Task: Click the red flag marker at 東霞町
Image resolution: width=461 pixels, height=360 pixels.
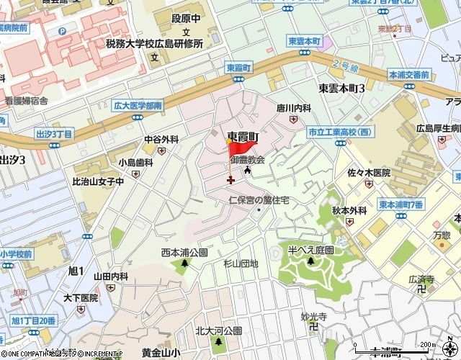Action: pyautogui.click(x=238, y=150)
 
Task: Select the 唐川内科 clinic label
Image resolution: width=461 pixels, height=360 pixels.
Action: pyautogui.click(x=295, y=107)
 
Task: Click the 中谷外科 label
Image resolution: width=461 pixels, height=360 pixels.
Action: pyautogui.click(x=161, y=139)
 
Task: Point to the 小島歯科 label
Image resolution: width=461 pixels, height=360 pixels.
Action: pyautogui.click(x=136, y=163)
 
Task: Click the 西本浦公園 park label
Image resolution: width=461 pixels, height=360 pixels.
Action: pyautogui.click(x=184, y=253)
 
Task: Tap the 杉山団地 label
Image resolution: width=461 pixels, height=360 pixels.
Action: pyautogui.click(x=240, y=264)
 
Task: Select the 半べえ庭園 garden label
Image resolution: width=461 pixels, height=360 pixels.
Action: pyautogui.click(x=310, y=249)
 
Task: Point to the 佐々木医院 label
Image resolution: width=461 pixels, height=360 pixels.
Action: pyautogui.click(x=369, y=173)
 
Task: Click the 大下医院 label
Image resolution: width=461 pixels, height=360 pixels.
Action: pyautogui.click(x=79, y=297)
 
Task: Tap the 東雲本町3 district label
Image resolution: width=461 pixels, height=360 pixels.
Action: pyautogui.click(x=341, y=87)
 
